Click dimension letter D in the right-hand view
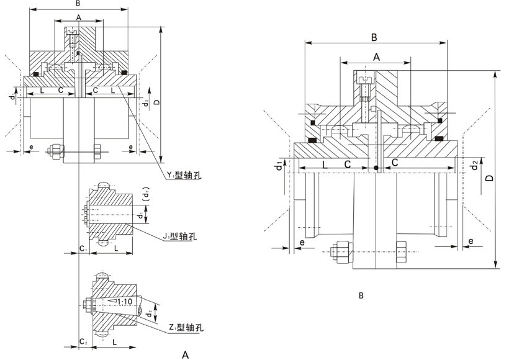[489, 178]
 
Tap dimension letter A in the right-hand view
[376, 56]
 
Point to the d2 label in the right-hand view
[474, 166]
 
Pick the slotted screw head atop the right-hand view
[365, 81]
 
